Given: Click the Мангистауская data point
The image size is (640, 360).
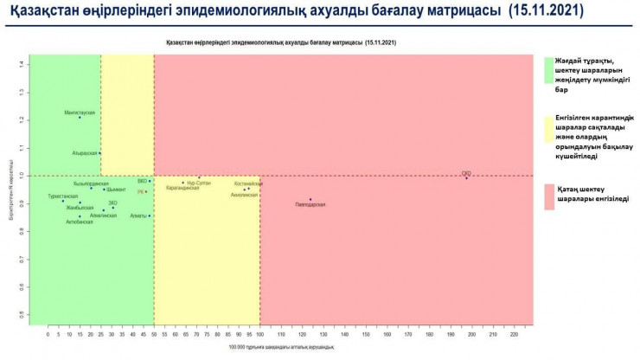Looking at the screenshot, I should tap(80, 117).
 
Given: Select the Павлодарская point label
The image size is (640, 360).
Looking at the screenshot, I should tap(310, 204).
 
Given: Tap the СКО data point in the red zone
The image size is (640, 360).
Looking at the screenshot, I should tap(466, 177).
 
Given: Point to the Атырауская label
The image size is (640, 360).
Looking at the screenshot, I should tap(85, 152).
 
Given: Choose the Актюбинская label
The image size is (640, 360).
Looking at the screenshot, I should tap(80, 222).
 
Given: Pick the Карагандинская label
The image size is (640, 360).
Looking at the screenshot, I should tap(182, 188).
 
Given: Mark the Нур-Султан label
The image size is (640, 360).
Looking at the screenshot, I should tap(198, 183).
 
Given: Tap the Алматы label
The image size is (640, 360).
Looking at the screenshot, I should tap(138, 215).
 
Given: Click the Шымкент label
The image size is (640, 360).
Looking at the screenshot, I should tap(116, 190).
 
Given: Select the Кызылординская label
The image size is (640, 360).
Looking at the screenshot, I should tap(91, 183).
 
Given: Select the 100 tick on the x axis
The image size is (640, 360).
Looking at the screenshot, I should tap(259, 333).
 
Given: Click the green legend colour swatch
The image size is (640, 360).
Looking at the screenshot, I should tap(548, 71).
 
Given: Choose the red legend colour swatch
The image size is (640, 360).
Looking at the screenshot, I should tap(548, 195).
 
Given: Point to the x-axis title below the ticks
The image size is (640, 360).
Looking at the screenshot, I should tap(281, 347).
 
